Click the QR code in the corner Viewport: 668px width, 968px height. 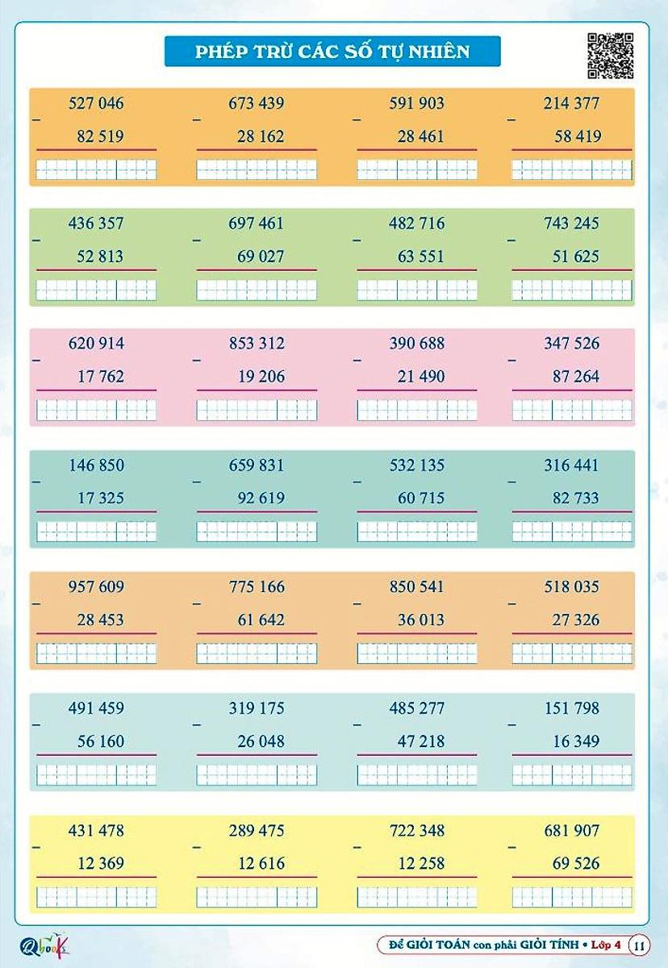610,56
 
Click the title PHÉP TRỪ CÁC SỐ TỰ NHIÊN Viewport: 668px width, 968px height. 332,52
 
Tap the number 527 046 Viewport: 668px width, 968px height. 97,103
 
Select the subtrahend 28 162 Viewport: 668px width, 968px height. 261,136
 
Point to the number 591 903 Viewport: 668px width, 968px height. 417,103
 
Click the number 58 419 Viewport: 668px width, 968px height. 577,136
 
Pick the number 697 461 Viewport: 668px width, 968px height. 257,223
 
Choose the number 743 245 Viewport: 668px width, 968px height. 572,223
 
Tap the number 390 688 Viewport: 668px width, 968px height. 417,344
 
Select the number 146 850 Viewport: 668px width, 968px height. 97,465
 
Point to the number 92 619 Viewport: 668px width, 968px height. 261,499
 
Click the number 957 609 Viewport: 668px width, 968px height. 97,587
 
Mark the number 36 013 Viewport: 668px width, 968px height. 421,620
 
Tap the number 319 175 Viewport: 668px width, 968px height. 257,708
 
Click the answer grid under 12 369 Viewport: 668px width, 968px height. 97,896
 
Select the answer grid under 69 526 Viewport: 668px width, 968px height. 572,896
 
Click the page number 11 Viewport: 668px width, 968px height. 639,944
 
